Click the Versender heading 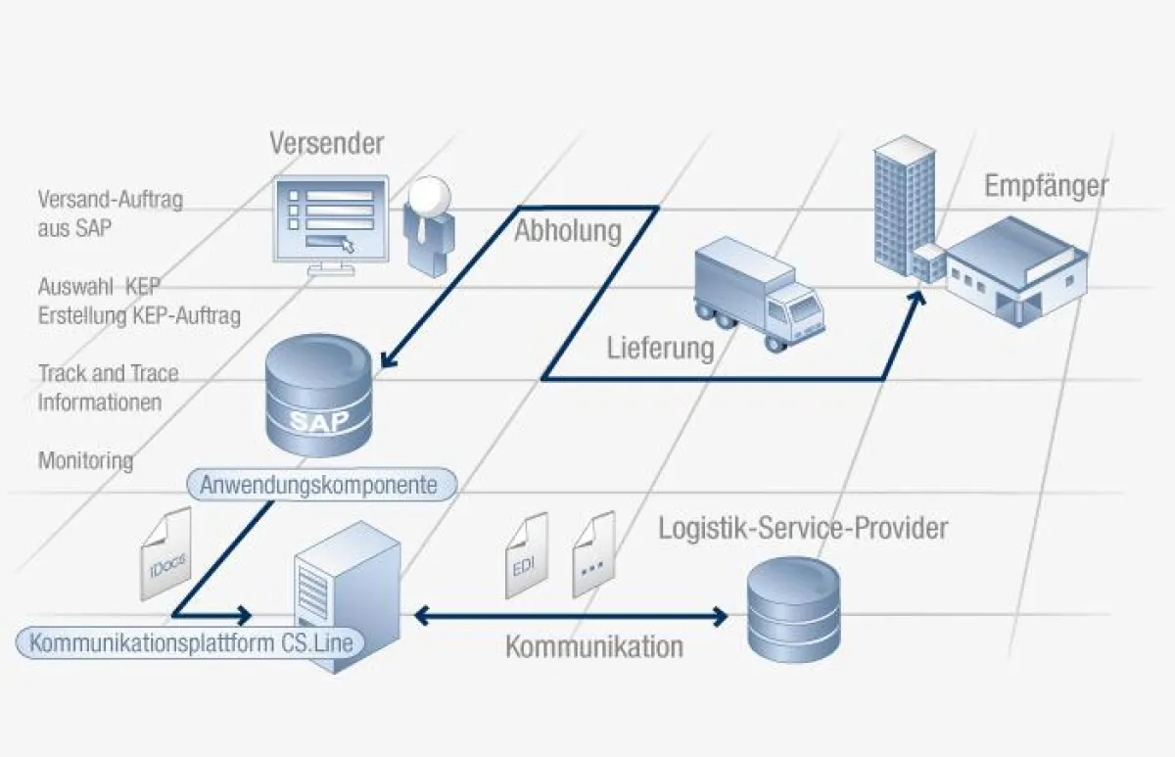pyautogui.click(x=327, y=144)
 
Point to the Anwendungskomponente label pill pyautogui.click(x=318, y=485)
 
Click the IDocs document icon pyautogui.click(x=165, y=554)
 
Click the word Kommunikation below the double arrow pyautogui.click(x=594, y=647)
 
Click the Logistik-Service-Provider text pyautogui.click(x=802, y=530)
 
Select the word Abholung pyautogui.click(x=568, y=231)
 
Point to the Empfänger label pyautogui.click(x=1047, y=186)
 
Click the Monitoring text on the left pyautogui.click(x=85, y=459)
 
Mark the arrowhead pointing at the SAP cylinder pyautogui.click(x=388, y=359)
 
